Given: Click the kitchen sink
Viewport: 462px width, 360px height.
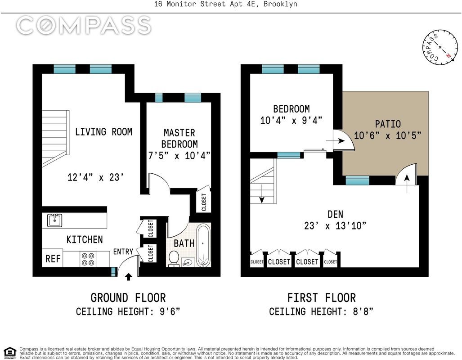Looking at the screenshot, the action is pyautogui.click(x=54, y=220).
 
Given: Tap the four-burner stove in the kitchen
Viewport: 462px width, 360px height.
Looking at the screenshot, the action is pyautogui.click(x=88, y=259).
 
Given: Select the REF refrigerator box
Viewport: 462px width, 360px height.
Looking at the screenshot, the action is pyautogui.click(x=53, y=259).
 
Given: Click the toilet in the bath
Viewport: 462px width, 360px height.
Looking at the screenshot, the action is pyautogui.click(x=174, y=259).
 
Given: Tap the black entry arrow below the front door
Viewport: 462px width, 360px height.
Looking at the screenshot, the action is pyautogui.click(x=129, y=277).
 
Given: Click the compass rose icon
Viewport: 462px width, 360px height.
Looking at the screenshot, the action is pyautogui.click(x=440, y=47).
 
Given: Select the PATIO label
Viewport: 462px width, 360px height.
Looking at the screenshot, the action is pyautogui.click(x=388, y=124).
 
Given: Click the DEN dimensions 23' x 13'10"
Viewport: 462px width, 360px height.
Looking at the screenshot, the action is pyautogui.click(x=335, y=226).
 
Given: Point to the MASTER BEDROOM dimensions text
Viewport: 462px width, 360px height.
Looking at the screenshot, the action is pyautogui.click(x=179, y=155).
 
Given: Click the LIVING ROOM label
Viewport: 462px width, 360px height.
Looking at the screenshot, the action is pyautogui.click(x=104, y=131).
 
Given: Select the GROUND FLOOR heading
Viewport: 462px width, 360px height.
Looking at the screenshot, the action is pyautogui.click(x=128, y=298).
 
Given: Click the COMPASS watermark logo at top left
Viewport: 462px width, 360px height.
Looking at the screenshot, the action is pyautogui.click(x=84, y=25).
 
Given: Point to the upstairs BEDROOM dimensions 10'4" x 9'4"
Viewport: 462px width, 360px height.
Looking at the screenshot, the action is pyautogui.click(x=291, y=120).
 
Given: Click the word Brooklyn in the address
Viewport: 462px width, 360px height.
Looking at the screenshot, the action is pyautogui.click(x=281, y=4).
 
